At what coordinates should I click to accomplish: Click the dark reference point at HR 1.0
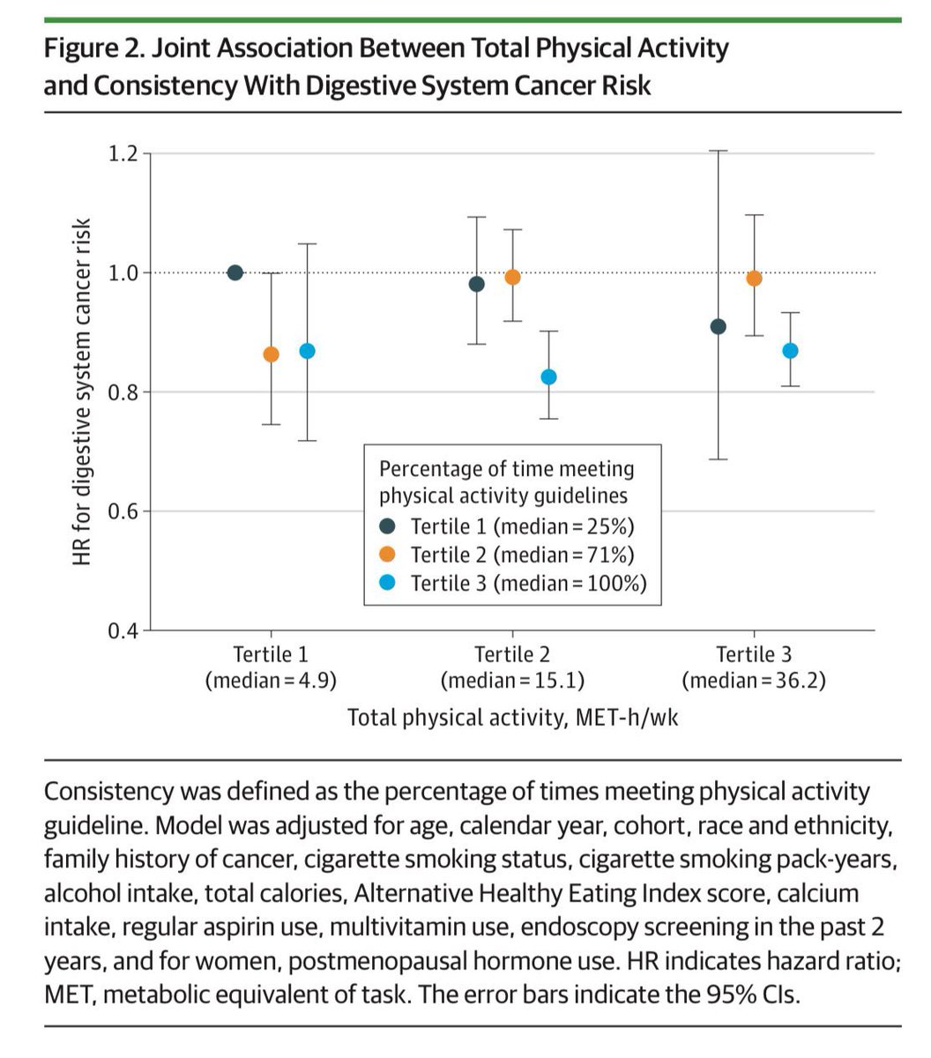[x=235, y=272]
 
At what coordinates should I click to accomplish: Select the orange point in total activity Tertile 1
[x=272, y=354]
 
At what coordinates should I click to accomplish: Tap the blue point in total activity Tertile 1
[x=307, y=351]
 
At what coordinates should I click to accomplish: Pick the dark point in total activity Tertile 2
[x=477, y=284]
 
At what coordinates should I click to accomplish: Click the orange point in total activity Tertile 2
[x=512, y=277]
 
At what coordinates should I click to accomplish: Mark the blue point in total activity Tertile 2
[x=548, y=376]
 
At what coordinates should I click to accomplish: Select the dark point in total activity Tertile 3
[x=719, y=327]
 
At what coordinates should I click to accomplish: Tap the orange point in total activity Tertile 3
[x=754, y=279]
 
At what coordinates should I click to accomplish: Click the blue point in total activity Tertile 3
[x=790, y=351]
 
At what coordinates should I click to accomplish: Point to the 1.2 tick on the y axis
[x=123, y=154]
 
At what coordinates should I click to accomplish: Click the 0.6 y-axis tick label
[x=123, y=511]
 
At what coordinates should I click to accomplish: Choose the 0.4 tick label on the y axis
[x=123, y=630]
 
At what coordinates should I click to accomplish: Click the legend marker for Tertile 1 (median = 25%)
[x=389, y=526]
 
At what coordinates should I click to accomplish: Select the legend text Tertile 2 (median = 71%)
[x=522, y=555]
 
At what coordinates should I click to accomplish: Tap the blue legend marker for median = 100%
[x=389, y=583]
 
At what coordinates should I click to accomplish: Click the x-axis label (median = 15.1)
[x=512, y=681]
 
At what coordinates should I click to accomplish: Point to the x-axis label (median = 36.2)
[x=754, y=681]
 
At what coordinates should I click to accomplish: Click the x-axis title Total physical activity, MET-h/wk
[x=512, y=718]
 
